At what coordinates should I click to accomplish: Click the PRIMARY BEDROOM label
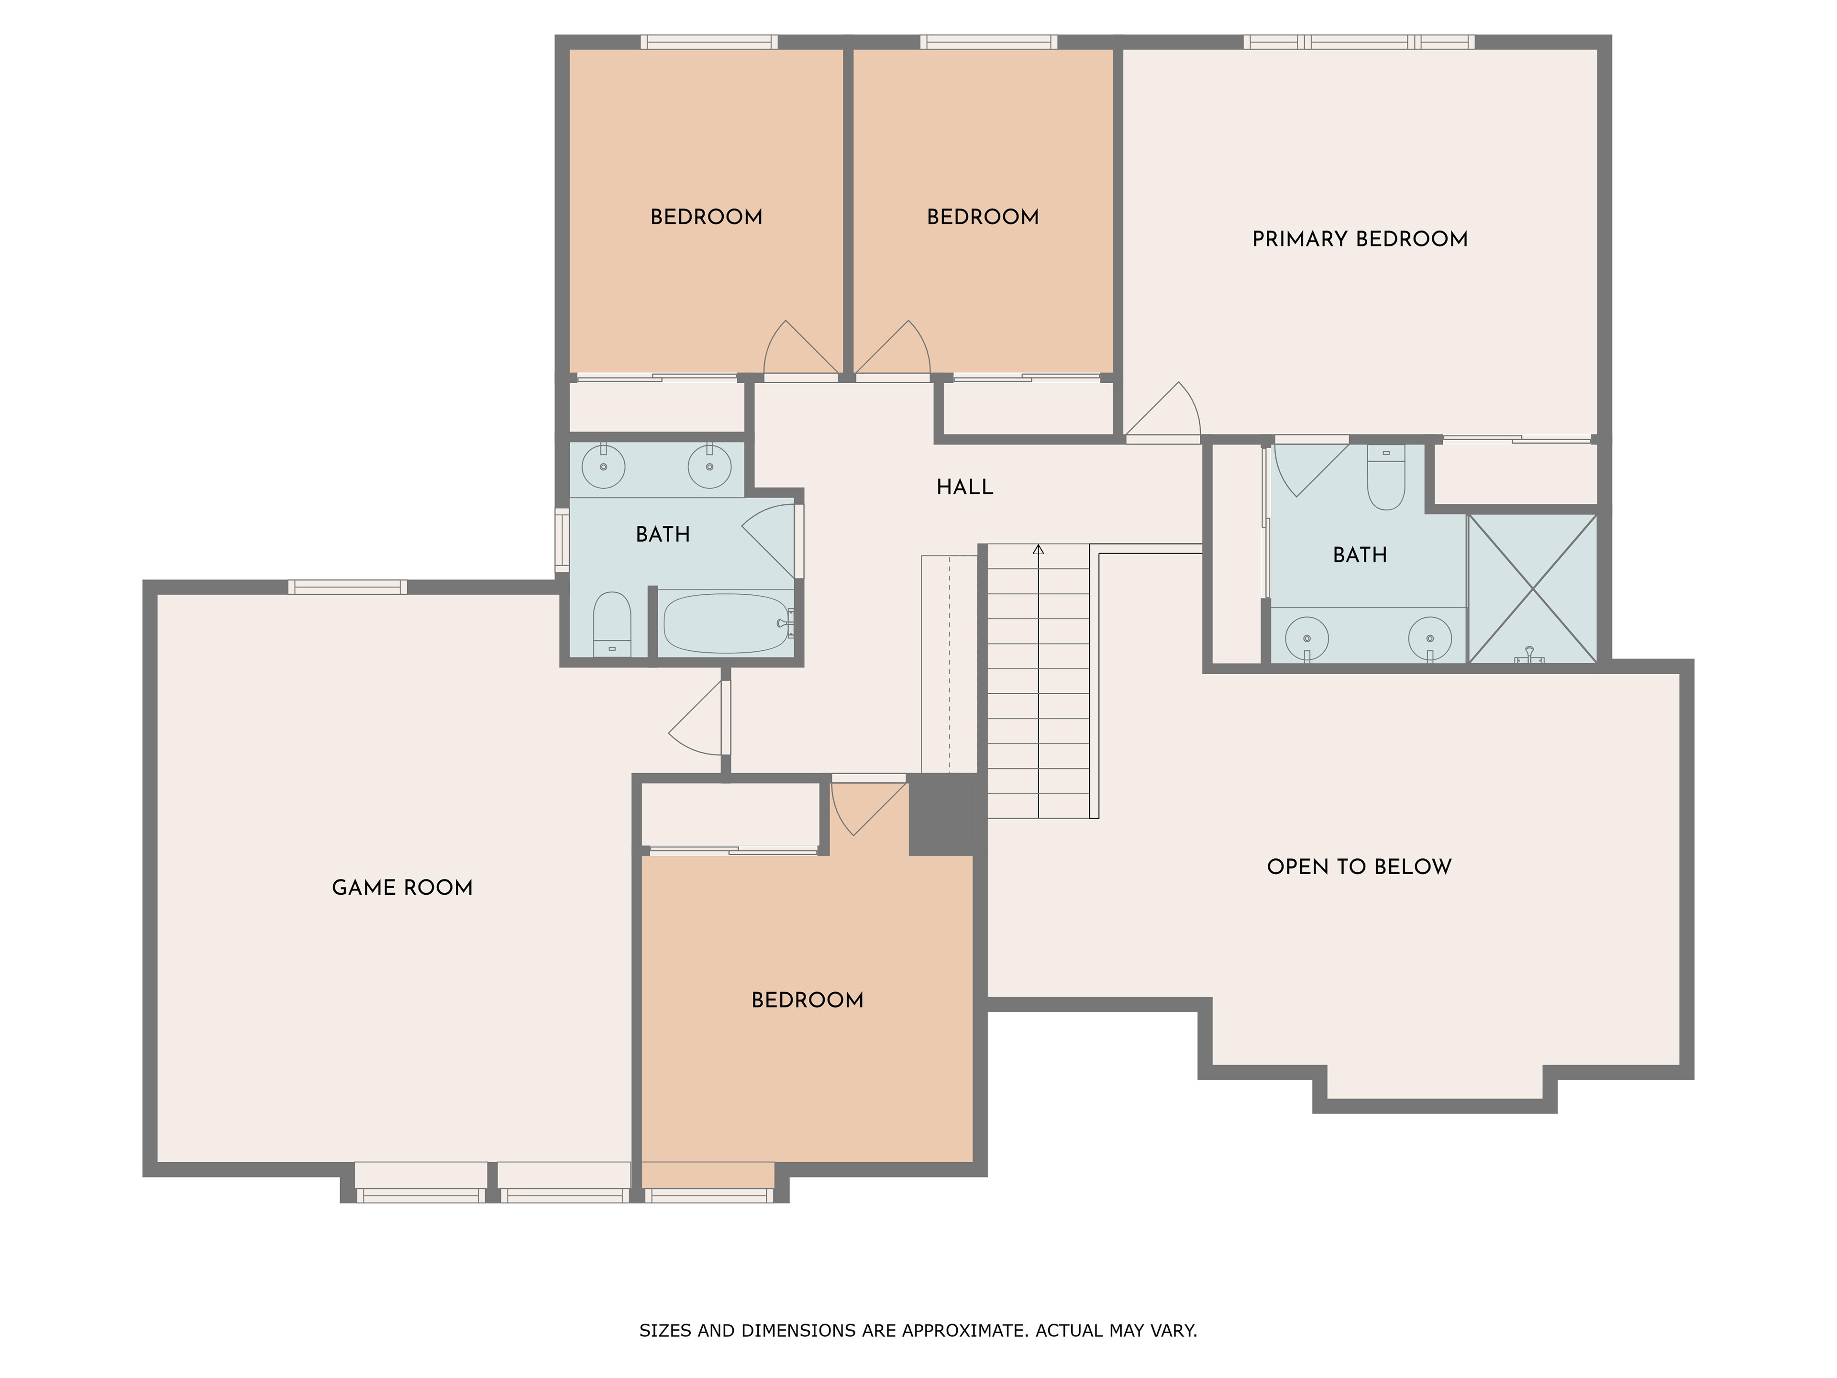1360,239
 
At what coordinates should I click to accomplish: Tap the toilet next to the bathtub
612,624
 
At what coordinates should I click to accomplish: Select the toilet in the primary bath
1385,477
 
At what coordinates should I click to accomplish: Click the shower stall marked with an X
1532,588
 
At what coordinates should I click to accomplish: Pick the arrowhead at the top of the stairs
1038,549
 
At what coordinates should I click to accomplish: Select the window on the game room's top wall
347,587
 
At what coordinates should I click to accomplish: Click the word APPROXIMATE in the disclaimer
954,1331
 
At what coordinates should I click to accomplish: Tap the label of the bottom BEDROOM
807,1000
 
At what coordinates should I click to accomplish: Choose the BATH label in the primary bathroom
1360,555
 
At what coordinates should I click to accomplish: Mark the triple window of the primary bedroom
1359,42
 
